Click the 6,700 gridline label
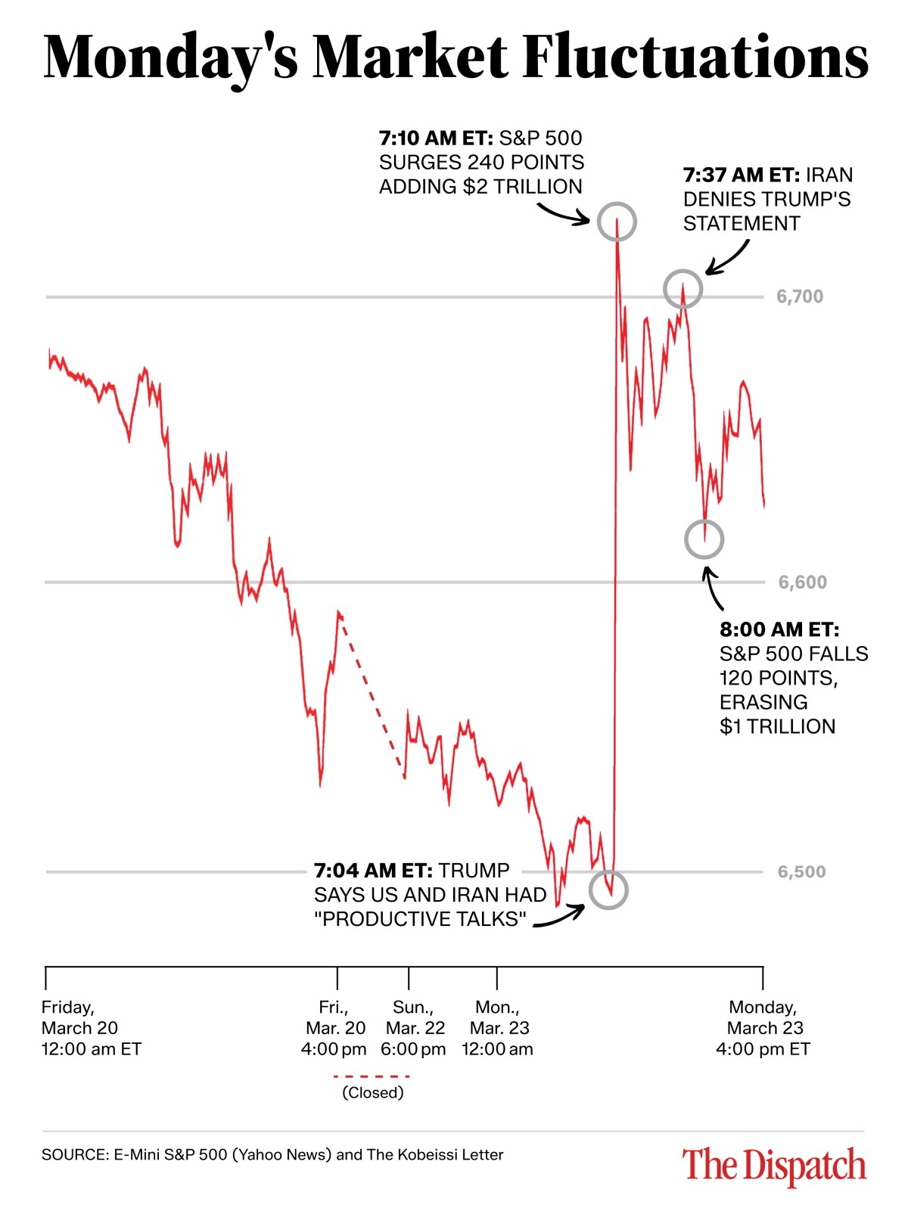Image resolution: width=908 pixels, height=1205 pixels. pos(799,297)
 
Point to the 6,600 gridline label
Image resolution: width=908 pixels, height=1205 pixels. pos(802,582)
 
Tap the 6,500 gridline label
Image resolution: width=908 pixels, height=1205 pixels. pos(801,872)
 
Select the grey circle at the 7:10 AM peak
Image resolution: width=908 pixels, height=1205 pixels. pos(617,222)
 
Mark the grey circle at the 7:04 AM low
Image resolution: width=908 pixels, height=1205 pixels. pos(608,890)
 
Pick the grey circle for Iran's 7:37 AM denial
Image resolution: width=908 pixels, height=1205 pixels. pos(683,289)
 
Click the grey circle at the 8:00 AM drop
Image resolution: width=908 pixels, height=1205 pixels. pos(704,539)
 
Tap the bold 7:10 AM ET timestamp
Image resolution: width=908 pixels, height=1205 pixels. pos(435,138)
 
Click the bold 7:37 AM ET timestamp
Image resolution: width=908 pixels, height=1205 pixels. pos(741,175)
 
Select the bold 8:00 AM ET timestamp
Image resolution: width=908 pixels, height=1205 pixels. pos(779,629)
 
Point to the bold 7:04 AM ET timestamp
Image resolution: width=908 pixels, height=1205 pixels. pos(373,871)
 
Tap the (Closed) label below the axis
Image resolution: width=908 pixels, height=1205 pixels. pos(372,1093)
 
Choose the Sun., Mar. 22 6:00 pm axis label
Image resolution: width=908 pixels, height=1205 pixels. pos(413,1028)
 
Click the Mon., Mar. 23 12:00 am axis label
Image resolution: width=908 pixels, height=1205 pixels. pos(498,1028)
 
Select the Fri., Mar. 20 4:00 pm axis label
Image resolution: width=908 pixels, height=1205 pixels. pos(334,1028)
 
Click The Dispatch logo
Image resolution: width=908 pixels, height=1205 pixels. pos(773,1165)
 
